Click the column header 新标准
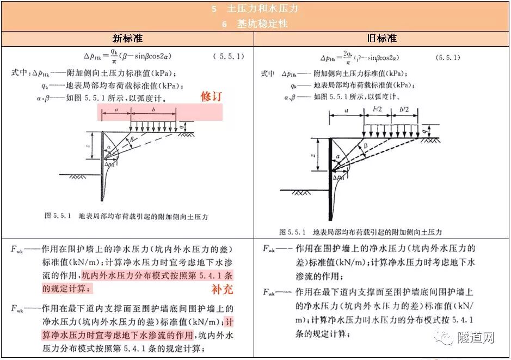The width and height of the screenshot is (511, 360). (127, 39)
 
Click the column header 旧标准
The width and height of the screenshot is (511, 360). (381, 39)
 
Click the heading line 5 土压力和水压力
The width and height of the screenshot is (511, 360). (255, 9)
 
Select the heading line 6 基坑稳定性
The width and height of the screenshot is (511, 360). (255, 24)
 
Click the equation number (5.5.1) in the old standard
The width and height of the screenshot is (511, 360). (447, 57)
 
